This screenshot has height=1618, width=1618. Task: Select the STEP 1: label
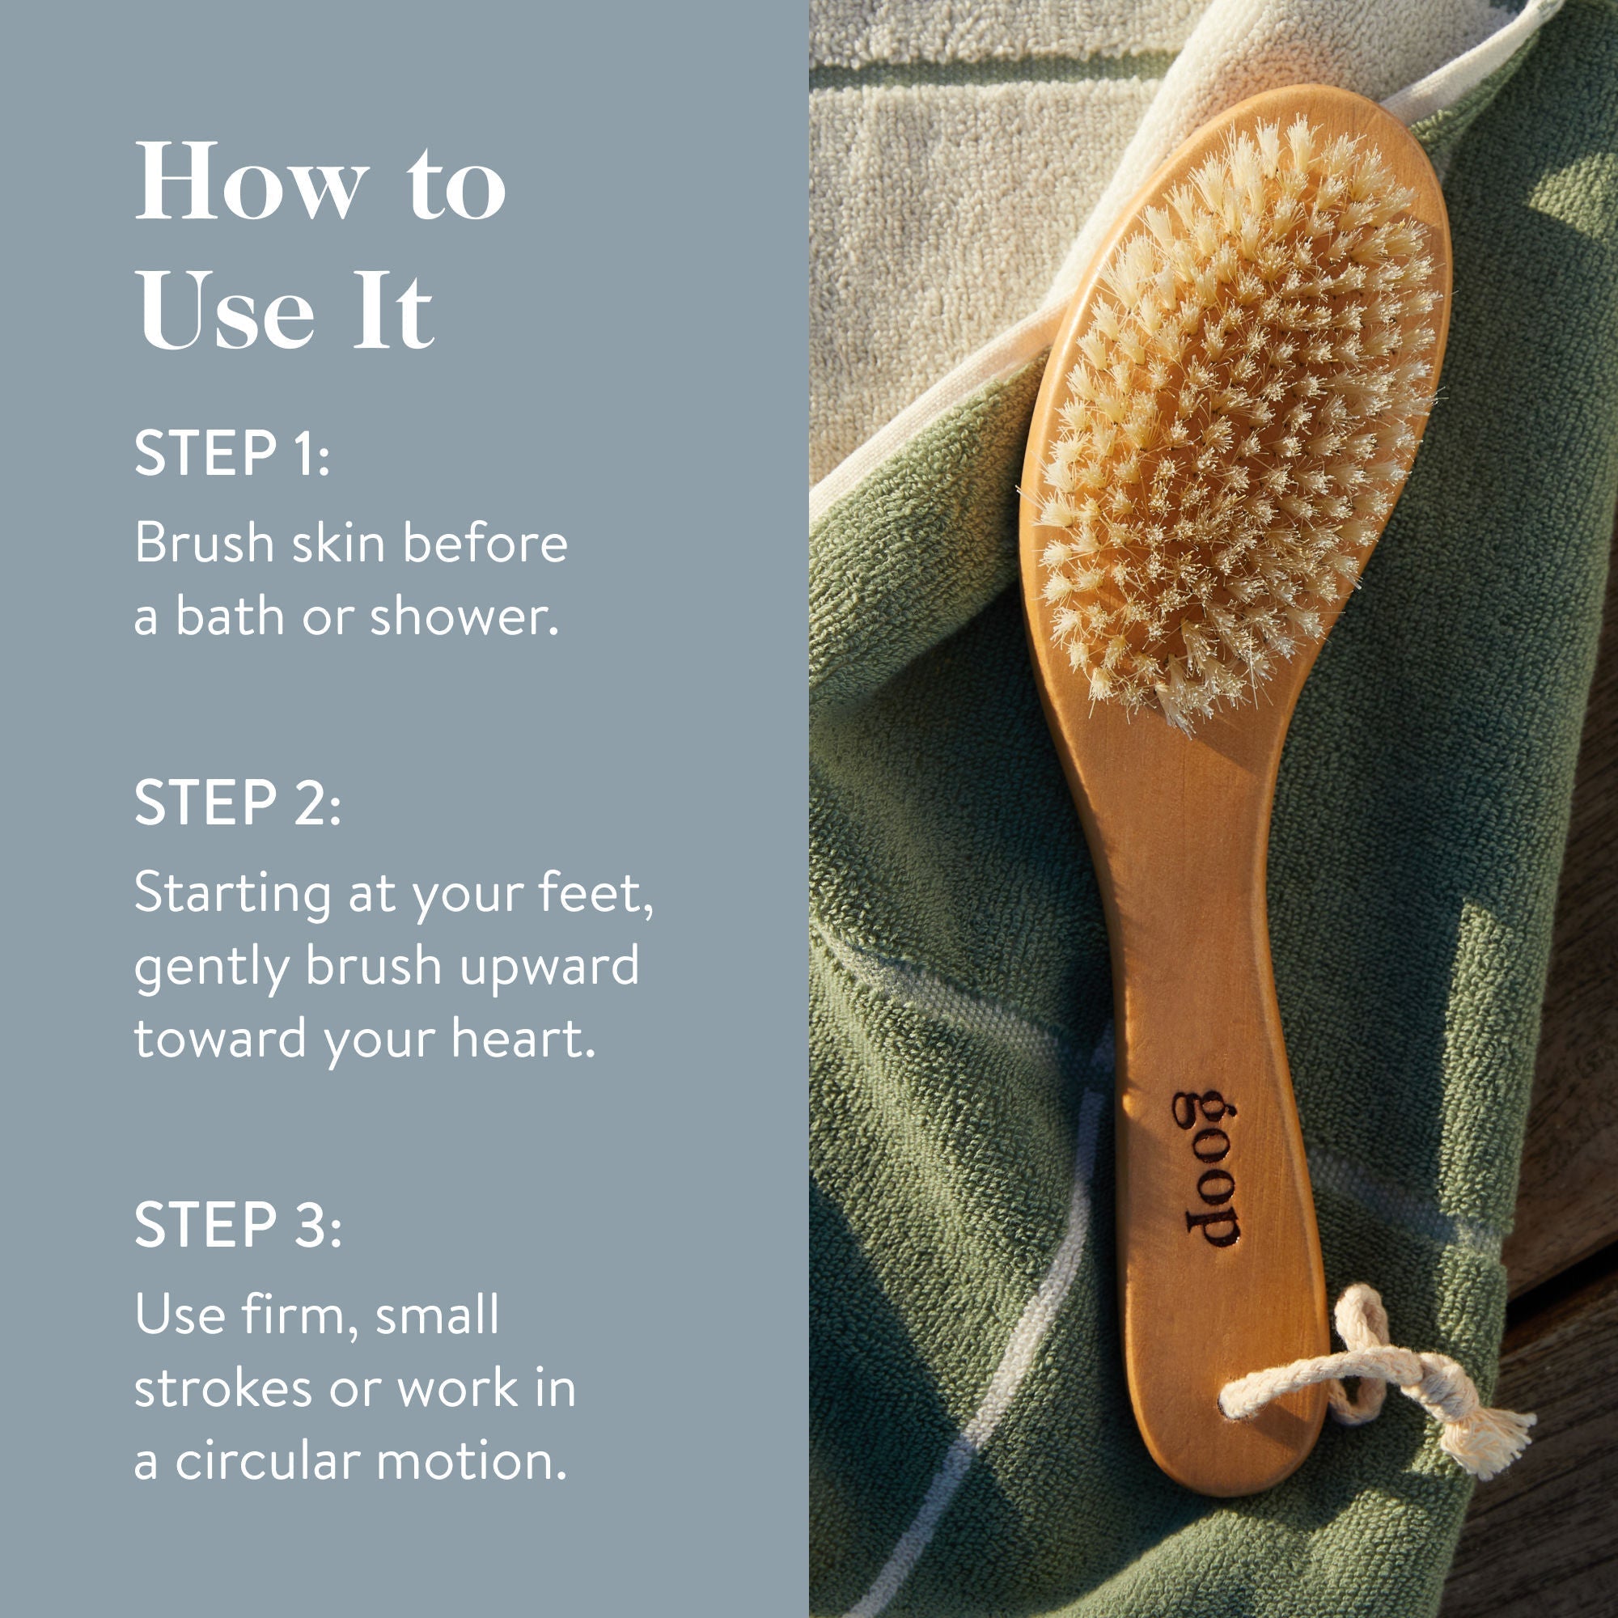[x=232, y=454]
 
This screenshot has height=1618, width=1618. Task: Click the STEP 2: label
[x=238, y=803]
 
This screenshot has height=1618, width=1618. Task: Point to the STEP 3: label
[x=238, y=1224]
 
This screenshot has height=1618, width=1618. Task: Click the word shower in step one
[x=463, y=616]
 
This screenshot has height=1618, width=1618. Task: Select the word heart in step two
[x=523, y=1039]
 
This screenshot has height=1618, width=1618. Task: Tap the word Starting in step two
[x=233, y=895]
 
